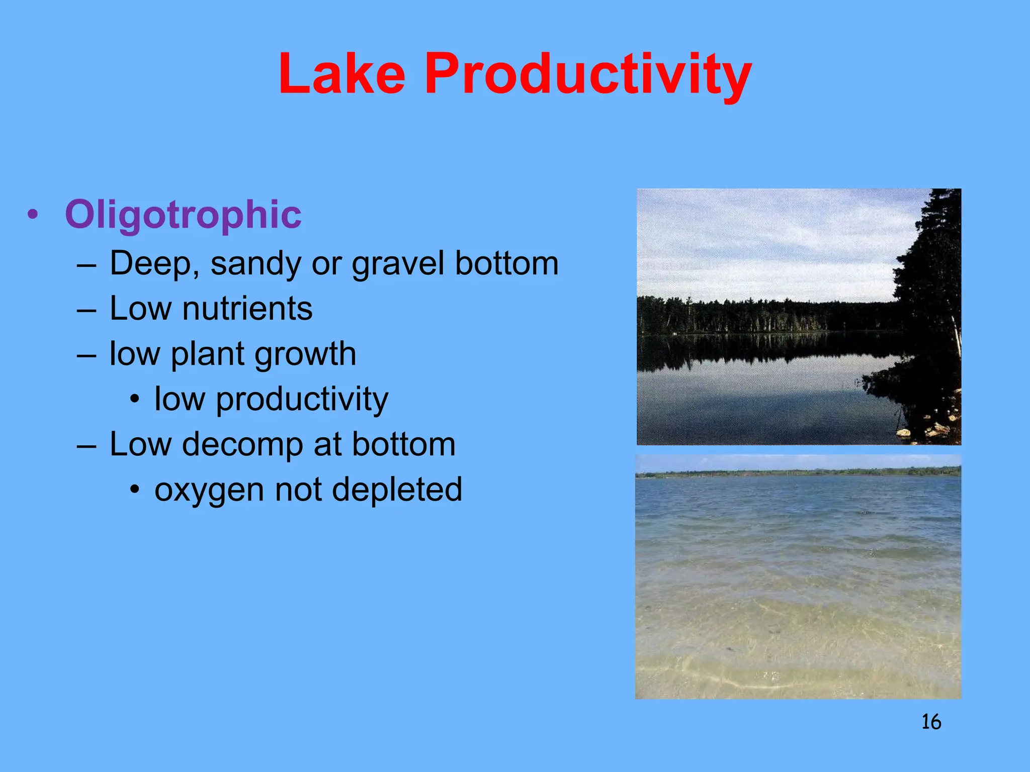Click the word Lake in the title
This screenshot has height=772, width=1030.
click(342, 74)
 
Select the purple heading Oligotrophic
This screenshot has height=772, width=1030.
click(183, 215)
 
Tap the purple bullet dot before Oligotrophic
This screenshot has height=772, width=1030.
click(33, 215)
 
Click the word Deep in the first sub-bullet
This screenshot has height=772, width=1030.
click(150, 263)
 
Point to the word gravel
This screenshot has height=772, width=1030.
click(397, 263)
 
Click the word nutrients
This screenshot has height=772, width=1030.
click(247, 308)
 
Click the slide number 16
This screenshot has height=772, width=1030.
click(931, 722)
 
